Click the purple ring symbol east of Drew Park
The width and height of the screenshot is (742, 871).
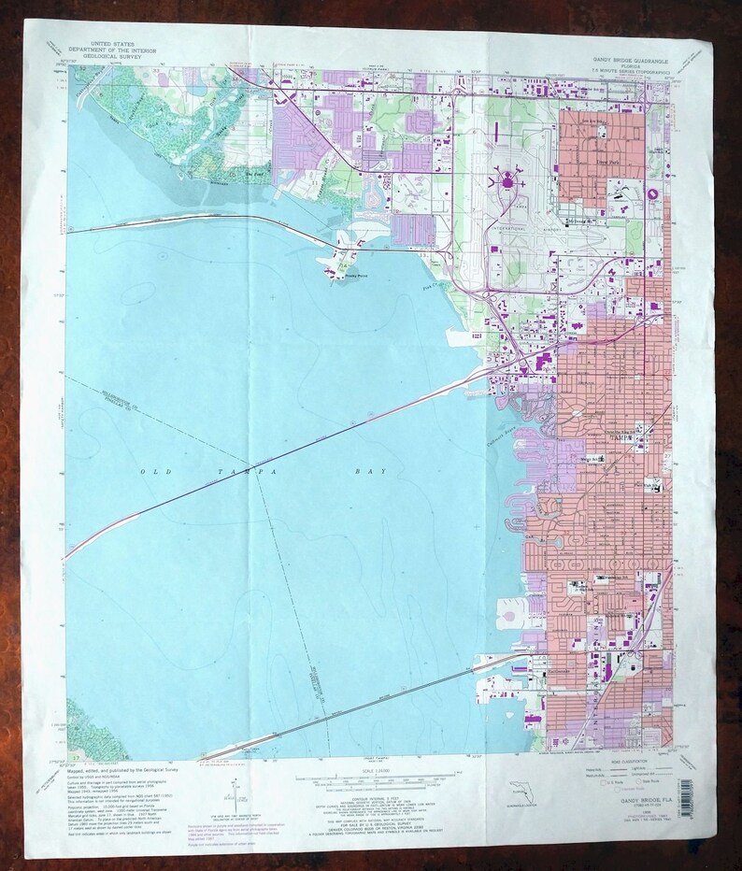tap(653, 193)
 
